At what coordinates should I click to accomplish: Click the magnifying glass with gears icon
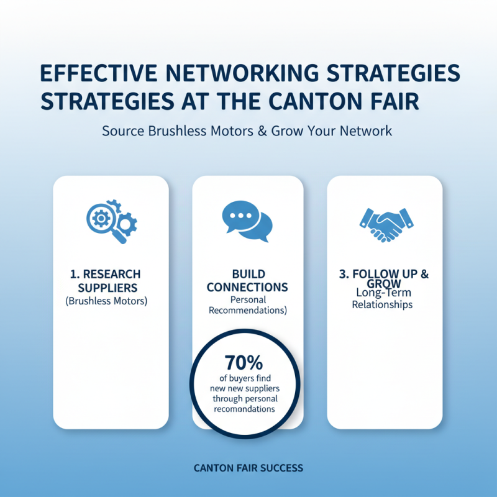coord(112,222)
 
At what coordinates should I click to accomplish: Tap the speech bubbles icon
coord(247,221)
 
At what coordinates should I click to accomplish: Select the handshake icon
coord(386,225)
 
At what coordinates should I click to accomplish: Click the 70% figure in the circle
coord(244,363)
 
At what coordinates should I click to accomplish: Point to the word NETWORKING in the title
coord(242,73)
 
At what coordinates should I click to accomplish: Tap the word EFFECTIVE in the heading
coord(99,73)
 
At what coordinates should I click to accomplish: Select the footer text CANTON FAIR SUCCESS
coord(248,468)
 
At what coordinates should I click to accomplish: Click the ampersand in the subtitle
coord(262,131)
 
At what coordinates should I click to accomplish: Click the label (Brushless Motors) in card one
coord(106,301)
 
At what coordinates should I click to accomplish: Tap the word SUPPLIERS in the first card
coord(107,288)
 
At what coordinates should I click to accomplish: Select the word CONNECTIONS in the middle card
coord(247,287)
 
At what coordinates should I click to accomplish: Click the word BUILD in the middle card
coord(248,274)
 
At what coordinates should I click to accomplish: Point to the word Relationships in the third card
coord(382,304)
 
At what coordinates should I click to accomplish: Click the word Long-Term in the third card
coord(383,293)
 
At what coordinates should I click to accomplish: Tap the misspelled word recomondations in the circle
coord(244,409)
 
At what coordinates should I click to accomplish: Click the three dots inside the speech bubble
coord(240,216)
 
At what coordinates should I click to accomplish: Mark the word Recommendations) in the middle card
coord(248,310)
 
